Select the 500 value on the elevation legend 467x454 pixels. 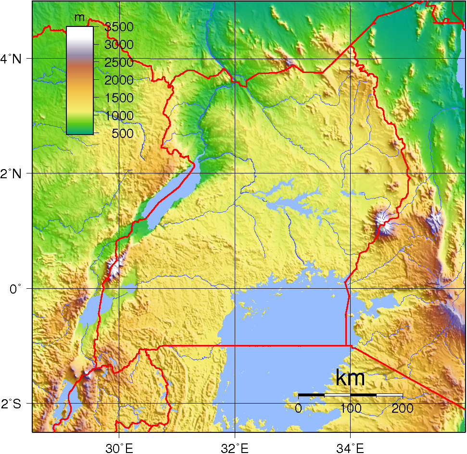[123, 133]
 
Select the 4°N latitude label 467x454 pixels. [11, 59]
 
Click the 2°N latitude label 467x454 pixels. [11, 173]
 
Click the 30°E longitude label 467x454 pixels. [120, 448]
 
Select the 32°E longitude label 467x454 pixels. [235, 448]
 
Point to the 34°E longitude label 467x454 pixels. [351, 448]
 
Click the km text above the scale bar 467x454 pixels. [350, 379]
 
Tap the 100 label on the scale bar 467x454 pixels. [351, 409]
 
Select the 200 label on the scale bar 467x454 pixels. [403, 409]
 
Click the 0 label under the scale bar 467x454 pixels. [298, 409]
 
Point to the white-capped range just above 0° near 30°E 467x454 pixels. [114, 267]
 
